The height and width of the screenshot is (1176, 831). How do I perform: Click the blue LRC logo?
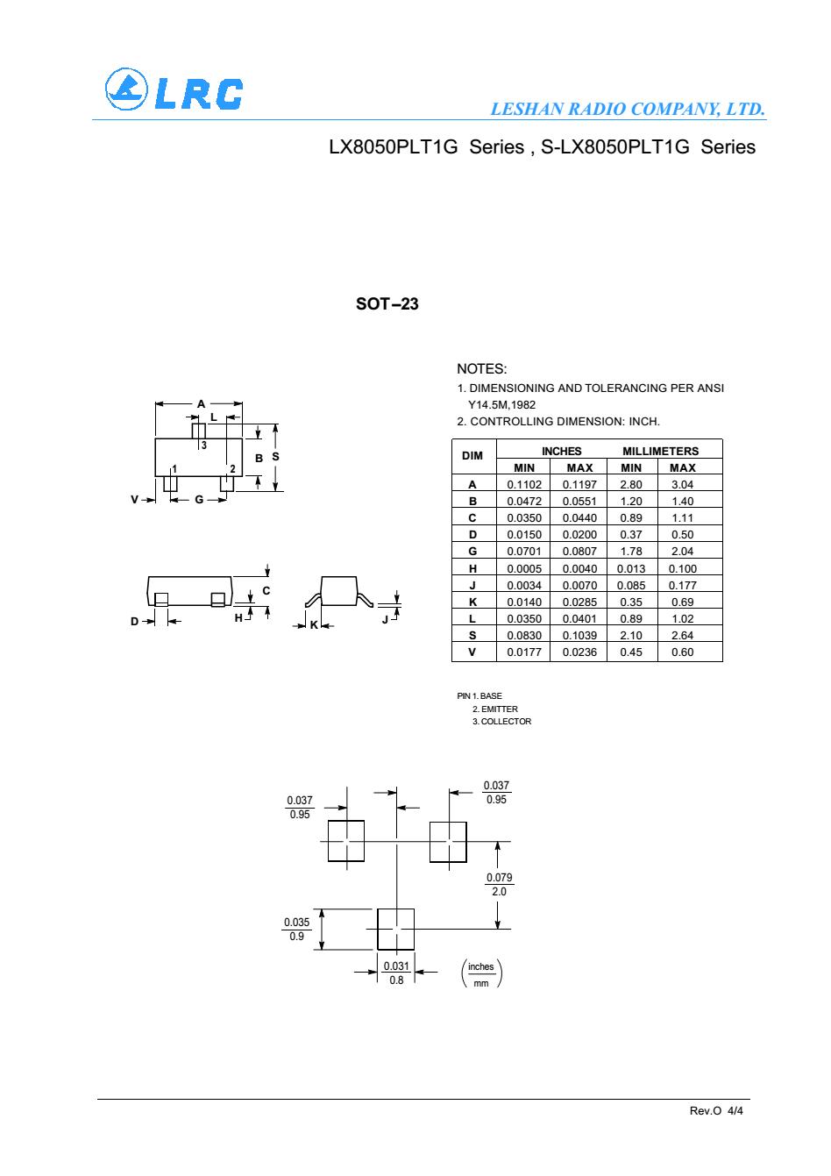tap(174, 89)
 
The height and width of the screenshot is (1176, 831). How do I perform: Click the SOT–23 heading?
tap(387, 304)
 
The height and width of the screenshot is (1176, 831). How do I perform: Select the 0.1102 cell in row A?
tap(523, 485)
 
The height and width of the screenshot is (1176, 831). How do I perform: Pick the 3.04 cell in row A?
tap(682, 485)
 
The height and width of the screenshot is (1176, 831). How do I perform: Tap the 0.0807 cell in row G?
tap(579, 552)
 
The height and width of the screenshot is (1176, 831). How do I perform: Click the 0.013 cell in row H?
tap(630, 568)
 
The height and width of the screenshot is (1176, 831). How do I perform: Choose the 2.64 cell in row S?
tap(682, 635)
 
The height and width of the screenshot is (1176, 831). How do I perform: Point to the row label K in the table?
tap(472, 602)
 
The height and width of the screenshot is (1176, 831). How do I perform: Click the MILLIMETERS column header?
tap(660, 451)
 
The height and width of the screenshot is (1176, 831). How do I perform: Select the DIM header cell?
tap(472, 456)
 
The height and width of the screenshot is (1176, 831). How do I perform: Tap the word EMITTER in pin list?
tap(499, 709)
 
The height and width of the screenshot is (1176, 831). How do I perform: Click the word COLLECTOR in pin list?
tap(506, 722)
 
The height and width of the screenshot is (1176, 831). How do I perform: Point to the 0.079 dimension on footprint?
tap(499, 877)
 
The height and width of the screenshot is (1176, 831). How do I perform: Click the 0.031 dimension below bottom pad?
tap(396, 966)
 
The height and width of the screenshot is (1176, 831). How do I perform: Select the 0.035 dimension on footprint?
tap(296, 922)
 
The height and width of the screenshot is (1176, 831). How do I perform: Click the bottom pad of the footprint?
tap(395, 930)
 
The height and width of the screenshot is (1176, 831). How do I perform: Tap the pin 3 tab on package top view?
tap(198, 431)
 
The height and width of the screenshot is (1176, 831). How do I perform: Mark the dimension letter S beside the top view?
tap(275, 457)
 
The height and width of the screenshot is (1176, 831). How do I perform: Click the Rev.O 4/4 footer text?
tap(716, 1110)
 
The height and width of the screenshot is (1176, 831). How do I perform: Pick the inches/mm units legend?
tap(481, 973)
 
